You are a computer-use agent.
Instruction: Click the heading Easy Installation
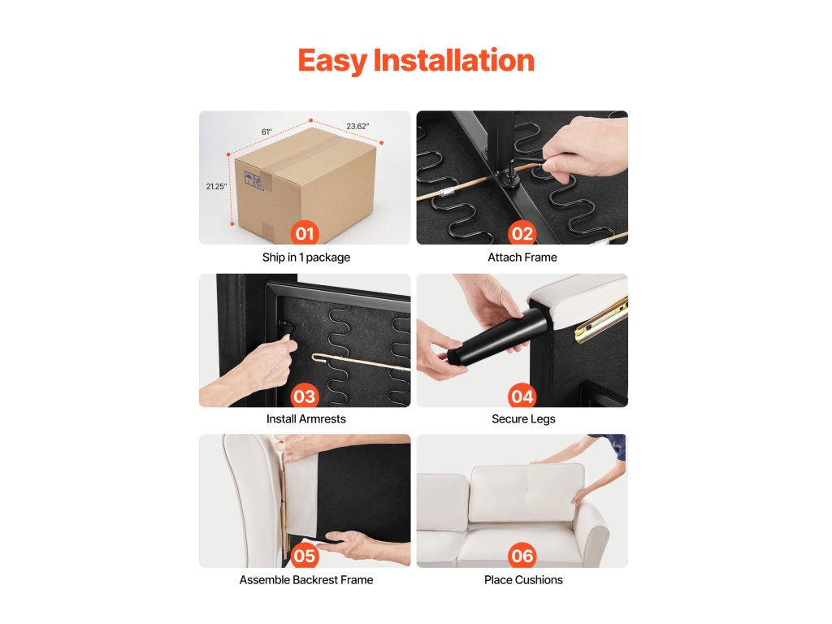(x=416, y=60)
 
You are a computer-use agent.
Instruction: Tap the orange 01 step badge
(x=305, y=233)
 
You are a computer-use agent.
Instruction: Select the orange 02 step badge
(x=522, y=233)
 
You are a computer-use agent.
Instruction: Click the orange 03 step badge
(x=305, y=396)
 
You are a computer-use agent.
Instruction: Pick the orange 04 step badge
(x=522, y=396)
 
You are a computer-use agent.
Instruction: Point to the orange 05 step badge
(x=305, y=556)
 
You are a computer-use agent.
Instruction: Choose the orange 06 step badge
(x=522, y=556)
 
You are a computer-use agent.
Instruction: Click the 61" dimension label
(x=266, y=132)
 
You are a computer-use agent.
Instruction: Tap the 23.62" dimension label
(x=357, y=126)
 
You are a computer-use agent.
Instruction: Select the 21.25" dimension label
(x=216, y=186)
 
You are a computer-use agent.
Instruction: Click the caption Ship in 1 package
(x=306, y=258)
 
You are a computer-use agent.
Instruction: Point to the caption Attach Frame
(x=522, y=258)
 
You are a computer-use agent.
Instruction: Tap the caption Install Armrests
(x=306, y=418)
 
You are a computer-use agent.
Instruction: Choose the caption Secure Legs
(x=523, y=419)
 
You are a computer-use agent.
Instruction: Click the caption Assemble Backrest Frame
(x=306, y=580)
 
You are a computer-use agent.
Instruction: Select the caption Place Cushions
(x=523, y=580)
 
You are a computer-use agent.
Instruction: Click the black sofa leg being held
(x=496, y=336)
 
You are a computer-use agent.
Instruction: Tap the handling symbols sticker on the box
(x=253, y=180)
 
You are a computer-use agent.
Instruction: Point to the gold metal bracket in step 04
(x=602, y=319)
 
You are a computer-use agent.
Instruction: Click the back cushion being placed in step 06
(x=526, y=493)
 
